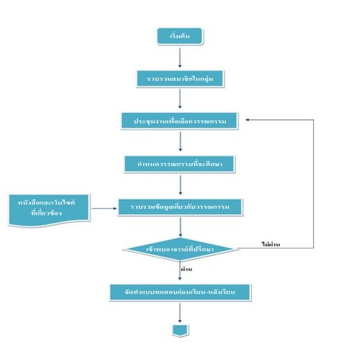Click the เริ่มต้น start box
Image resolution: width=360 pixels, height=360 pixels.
tap(180, 37)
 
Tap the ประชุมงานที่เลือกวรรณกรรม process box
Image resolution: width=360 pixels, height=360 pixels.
tap(181, 120)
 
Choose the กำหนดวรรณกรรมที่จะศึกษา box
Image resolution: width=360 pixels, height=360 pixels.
tap(181, 163)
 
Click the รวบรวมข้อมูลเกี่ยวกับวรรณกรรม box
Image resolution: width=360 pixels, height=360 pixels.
tap(181, 206)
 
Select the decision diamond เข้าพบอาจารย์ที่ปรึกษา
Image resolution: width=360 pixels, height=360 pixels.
tap(181, 249)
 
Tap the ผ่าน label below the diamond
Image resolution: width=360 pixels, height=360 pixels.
tap(189, 269)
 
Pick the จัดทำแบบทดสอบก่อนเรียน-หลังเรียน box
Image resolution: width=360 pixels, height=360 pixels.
tap(181, 292)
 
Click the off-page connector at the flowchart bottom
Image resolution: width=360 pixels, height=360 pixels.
tap(180, 328)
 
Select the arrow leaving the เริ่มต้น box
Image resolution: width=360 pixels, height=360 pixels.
tap(180, 56)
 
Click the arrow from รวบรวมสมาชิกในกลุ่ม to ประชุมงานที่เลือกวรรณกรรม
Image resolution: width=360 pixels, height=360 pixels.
tap(180, 99)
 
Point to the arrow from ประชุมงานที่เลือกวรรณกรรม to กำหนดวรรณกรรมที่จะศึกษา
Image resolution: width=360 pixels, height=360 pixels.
tap(181, 141)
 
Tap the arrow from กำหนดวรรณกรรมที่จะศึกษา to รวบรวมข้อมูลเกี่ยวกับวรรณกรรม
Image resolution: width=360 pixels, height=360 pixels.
tap(181, 184)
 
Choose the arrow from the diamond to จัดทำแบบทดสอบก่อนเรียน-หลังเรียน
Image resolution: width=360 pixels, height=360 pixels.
tap(181, 271)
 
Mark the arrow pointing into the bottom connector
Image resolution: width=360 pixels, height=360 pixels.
tap(180, 312)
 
